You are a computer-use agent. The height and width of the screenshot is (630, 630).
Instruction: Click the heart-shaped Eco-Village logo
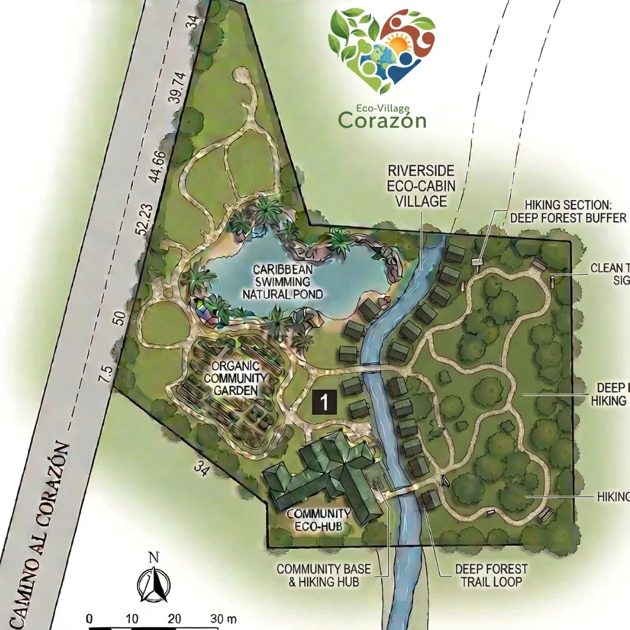(382, 50)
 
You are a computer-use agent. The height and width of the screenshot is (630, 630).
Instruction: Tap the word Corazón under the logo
(382, 120)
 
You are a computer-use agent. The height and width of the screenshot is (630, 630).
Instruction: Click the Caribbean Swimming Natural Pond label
(283, 281)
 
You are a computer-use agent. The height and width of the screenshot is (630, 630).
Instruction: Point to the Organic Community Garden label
(235, 379)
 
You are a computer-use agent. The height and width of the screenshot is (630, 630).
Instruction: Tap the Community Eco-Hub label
(318, 520)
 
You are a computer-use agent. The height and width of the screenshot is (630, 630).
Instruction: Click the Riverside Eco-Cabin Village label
(422, 185)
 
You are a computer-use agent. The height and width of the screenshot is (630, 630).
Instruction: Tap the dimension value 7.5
(105, 373)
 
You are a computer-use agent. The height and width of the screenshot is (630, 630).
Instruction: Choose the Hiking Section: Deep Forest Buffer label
(568, 211)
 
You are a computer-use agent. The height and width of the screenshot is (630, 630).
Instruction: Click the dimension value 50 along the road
(121, 318)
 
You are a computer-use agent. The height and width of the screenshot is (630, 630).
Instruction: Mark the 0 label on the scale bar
(89, 618)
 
